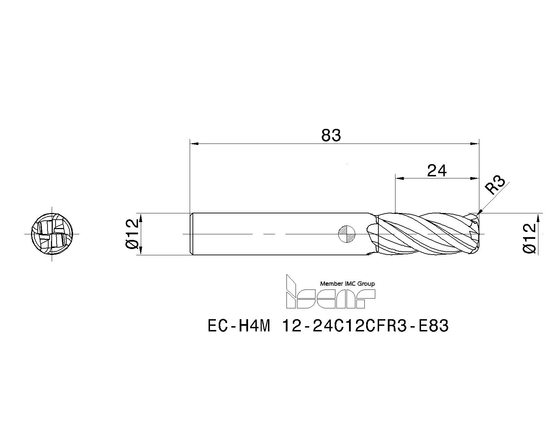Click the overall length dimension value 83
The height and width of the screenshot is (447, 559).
pyautogui.click(x=331, y=135)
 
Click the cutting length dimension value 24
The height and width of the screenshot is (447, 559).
pyautogui.click(x=437, y=171)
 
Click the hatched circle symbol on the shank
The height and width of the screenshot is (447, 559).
pyautogui.click(x=347, y=234)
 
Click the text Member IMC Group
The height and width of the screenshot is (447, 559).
pyautogui.click(x=347, y=284)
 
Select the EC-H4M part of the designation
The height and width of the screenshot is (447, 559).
pyautogui.click(x=239, y=327)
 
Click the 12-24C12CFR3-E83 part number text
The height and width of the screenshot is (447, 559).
pyautogui.click(x=365, y=327)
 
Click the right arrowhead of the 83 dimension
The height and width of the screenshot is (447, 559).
pyautogui.click(x=475, y=144)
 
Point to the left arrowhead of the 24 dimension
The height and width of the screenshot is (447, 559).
pyautogui.click(x=399, y=178)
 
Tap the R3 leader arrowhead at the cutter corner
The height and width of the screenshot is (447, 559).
pyautogui.click(x=480, y=212)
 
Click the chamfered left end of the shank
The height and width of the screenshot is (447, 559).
pyautogui.click(x=191, y=234)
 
